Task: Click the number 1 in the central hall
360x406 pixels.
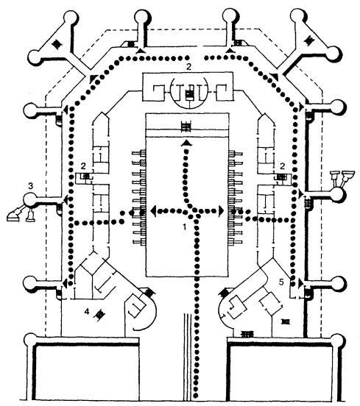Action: pyautogui.click(x=184, y=227)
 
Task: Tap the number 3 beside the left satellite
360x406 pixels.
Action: pyautogui.click(x=31, y=185)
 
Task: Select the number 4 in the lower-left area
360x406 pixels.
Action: pyautogui.click(x=87, y=312)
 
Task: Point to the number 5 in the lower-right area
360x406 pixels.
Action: pyautogui.click(x=282, y=282)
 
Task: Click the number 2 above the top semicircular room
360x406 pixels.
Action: pyautogui.click(x=188, y=67)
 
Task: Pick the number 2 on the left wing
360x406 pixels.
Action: pyautogui.click(x=83, y=165)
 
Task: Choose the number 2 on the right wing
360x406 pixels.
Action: pyautogui.click(x=283, y=165)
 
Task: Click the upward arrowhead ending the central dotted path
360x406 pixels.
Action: pyautogui.click(x=186, y=143)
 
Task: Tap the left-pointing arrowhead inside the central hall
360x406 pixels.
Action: pyautogui.click(x=153, y=211)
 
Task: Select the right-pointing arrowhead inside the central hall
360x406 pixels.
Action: pyautogui.click(x=221, y=211)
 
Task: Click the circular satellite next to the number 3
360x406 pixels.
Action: pyautogui.click(x=30, y=200)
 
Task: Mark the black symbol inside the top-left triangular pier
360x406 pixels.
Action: pyautogui.click(x=56, y=44)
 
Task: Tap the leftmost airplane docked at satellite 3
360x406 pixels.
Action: pyautogui.click(x=14, y=216)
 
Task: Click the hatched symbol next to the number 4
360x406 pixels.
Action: pyautogui.click(x=99, y=314)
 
